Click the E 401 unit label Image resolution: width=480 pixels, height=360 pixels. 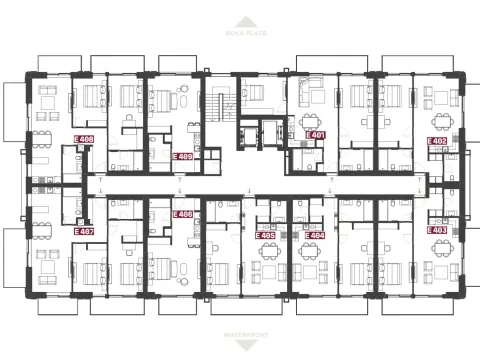coord(315,134)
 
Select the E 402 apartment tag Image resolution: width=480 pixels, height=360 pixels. coord(437,141)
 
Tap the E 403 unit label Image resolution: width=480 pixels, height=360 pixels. coord(437,229)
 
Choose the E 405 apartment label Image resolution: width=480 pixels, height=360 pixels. coord(267,235)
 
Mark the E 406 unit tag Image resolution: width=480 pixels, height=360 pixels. coord(183,214)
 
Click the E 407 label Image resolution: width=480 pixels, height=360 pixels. coord(85,230)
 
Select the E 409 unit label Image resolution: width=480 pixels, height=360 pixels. coord(183,156)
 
